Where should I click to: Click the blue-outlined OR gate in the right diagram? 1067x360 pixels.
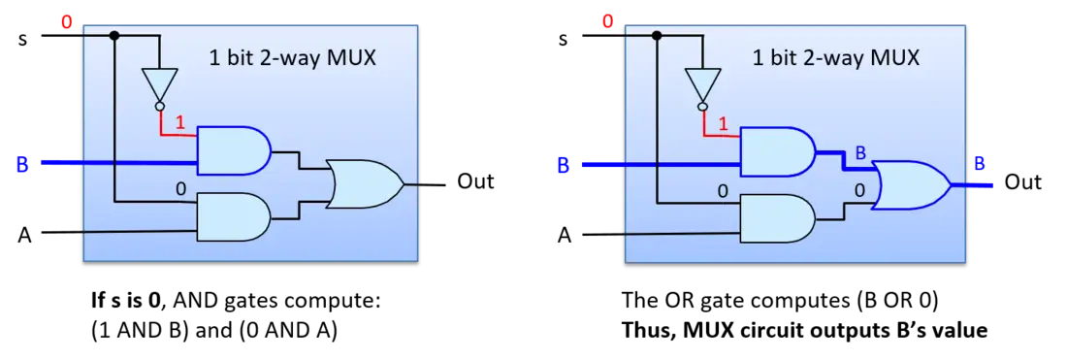click(910, 184)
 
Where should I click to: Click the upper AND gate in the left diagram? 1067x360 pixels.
click(234, 148)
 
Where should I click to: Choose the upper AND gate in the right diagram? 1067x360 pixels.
click(776, 149)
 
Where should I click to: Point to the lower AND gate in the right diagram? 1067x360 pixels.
click(776, 217)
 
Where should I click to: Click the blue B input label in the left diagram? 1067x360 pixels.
click(21, 165)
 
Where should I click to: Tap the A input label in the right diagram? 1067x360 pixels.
click(565, 236)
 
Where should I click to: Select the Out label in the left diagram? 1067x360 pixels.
click(474, 181)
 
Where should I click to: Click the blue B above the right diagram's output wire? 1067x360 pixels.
click(980, 165)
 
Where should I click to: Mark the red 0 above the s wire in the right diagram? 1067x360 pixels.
click(607, 22)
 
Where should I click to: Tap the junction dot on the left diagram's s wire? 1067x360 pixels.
click(114, 35)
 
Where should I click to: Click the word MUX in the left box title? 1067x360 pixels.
click(349, 58)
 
